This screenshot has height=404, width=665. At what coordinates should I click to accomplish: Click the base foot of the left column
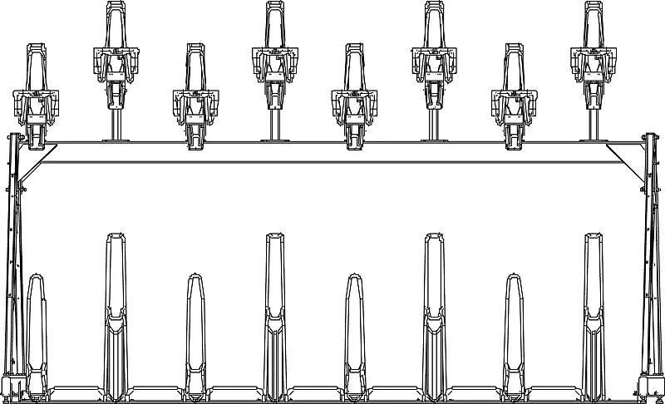(x=12, y=387)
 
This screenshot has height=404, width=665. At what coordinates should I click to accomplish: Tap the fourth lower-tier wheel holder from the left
(x=274, y=316)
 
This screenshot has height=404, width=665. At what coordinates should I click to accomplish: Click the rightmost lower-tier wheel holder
(x=594, y=316)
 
